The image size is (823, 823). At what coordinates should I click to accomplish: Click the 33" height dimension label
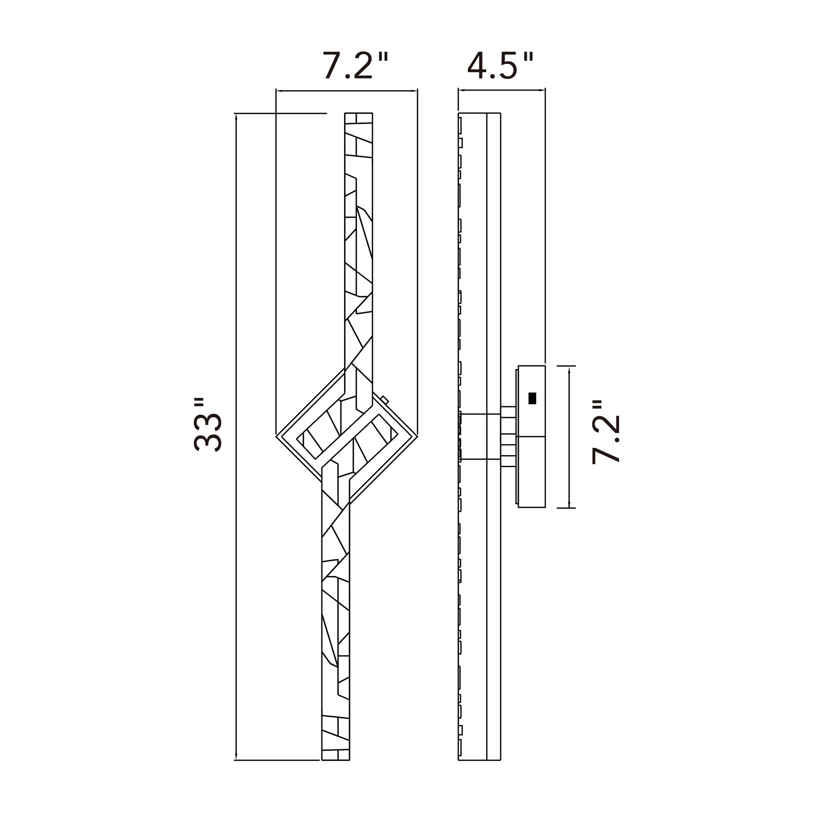click(207, 425)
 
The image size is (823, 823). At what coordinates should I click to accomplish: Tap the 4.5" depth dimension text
click(500, 66)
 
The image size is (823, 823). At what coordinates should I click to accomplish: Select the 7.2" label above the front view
click(355, 66)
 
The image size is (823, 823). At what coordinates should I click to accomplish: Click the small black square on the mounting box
click(532, 398)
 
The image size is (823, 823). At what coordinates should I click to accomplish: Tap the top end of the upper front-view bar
click(358, 114)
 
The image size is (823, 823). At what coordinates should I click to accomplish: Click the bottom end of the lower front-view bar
click(336, 760)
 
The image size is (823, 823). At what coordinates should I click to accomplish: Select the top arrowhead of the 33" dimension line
click(235, 116)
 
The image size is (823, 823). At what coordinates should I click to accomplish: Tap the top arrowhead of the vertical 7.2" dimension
click(569, 368)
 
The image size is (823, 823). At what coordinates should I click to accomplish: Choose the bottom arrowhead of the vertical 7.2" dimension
click(569, 505)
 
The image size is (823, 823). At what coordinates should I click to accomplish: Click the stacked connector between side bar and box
click(509, 436)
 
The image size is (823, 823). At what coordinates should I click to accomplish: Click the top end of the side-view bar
click(479, 114)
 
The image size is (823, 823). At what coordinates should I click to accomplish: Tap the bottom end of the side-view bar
click(479, 760)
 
